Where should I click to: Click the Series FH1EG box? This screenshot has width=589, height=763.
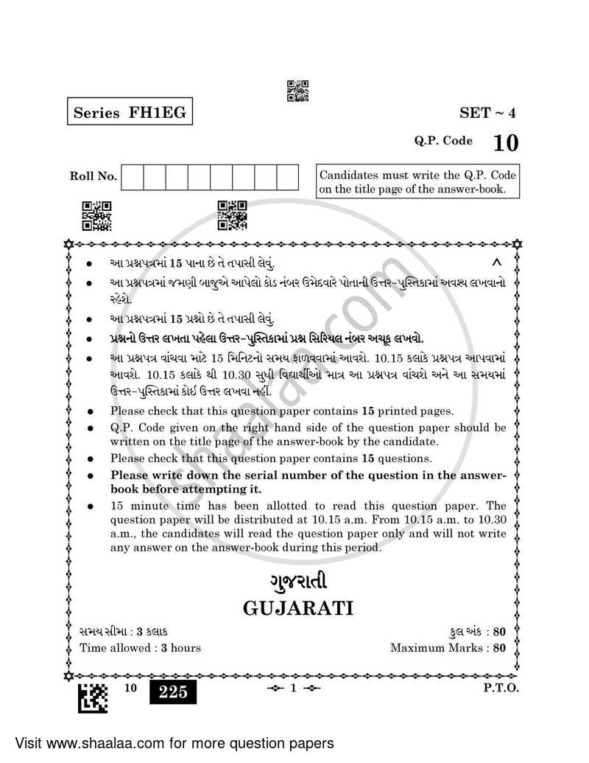[126, 113]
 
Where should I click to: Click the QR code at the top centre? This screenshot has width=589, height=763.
[297, 90]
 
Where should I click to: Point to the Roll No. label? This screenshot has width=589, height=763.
[93, 176]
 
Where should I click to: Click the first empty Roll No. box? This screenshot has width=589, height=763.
[132, 177]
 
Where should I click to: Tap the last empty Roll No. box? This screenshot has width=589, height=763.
[288, 177]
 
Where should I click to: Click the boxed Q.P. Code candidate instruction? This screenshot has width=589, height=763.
[417, 182]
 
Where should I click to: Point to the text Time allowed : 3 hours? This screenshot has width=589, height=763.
[140, 648]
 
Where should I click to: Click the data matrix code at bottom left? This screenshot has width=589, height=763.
[93, 696]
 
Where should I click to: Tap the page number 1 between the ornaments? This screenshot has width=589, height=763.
[292, 689]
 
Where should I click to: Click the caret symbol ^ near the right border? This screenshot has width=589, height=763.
[496, 262]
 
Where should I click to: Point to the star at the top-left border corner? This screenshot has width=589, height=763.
[69, 242]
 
